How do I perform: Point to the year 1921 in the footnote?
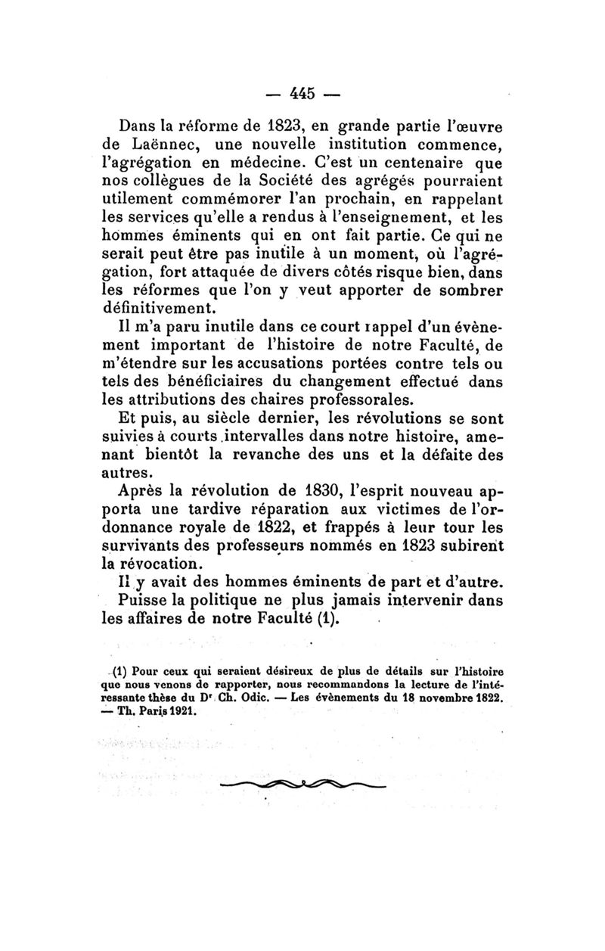pos(180,711)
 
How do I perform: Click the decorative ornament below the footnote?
pos(302,784)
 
